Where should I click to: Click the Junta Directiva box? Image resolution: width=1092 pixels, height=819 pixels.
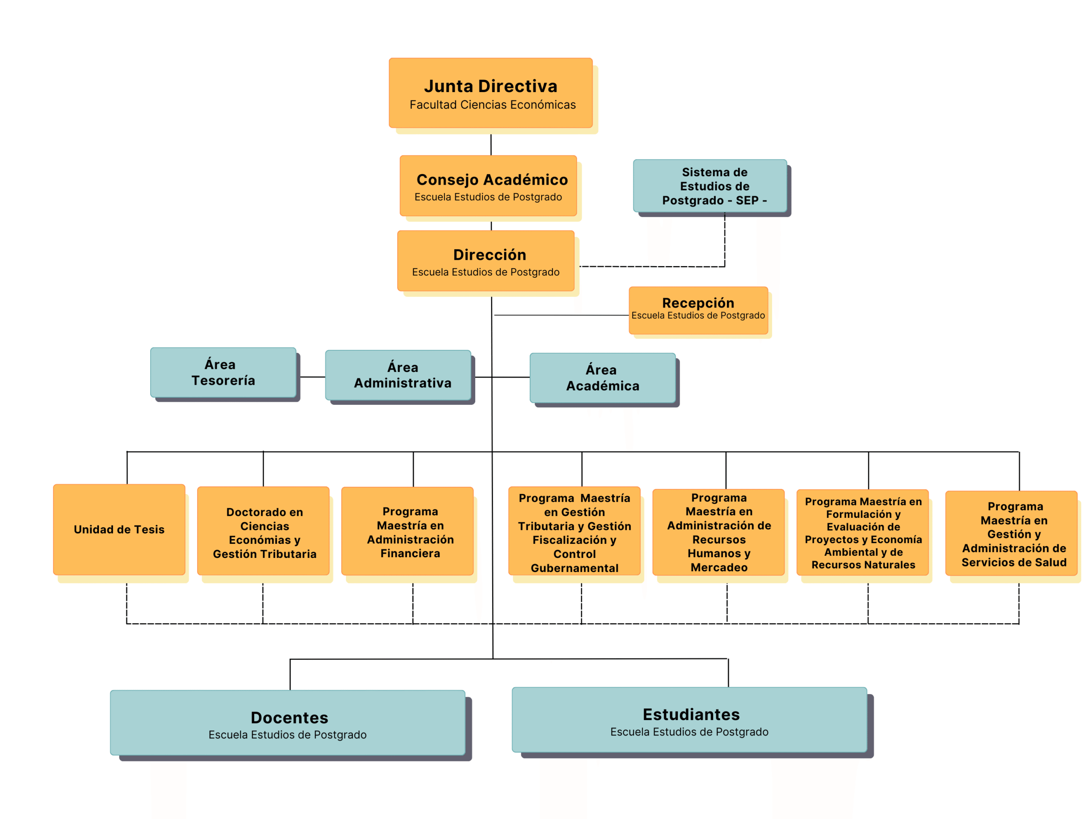(x=490, y=93)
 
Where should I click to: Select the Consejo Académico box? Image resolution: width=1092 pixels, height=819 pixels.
(x=488, y=186)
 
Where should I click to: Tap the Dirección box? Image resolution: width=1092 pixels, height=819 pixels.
(x=486, y=261)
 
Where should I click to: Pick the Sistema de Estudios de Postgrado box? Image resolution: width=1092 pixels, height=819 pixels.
(x=710, y=186)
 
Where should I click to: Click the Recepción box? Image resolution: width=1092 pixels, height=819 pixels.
(x=698, y=310)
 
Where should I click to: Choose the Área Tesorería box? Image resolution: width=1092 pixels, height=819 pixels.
(x=223, y=372)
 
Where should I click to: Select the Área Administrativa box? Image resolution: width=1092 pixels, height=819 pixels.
(x=398, y=375)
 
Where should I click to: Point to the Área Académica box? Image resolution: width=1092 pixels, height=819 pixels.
(x=602, y=378)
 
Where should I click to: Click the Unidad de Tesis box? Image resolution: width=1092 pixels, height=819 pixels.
(x=119, y=529)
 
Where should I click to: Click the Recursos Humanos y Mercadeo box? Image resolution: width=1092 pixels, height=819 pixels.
(x=718, y=532)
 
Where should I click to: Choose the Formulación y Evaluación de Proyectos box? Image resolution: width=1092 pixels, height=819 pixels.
(x=863, y=533)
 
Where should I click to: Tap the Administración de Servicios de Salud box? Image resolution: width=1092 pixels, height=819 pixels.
(x=1011, y=534)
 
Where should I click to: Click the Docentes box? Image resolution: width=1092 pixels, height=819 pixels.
(x=288, y=722)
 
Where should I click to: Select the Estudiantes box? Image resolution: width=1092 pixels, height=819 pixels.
(x=689, y=719)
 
